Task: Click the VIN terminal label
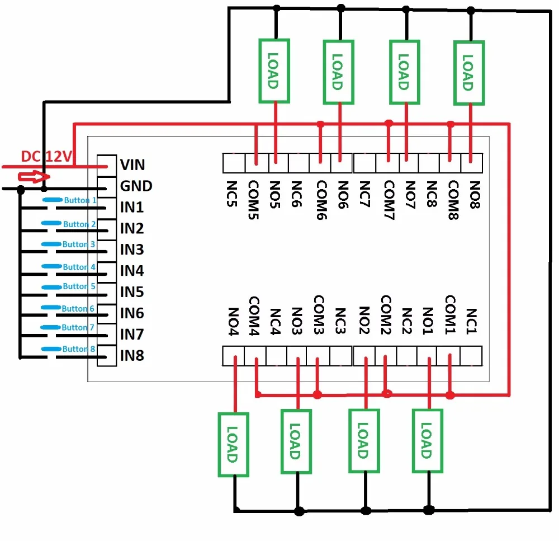point(132,164)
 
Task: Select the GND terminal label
point(136,186)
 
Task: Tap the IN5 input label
point(132,291)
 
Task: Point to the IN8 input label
point(132,355)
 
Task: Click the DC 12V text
point(44,157)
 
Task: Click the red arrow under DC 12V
point(31,177)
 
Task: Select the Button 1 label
point(80,200)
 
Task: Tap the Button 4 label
point(79,267)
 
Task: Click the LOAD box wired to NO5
point(273,70)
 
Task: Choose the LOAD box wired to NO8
point(469,72)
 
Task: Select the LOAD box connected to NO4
point(233,445)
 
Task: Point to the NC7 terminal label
point(364,192)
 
